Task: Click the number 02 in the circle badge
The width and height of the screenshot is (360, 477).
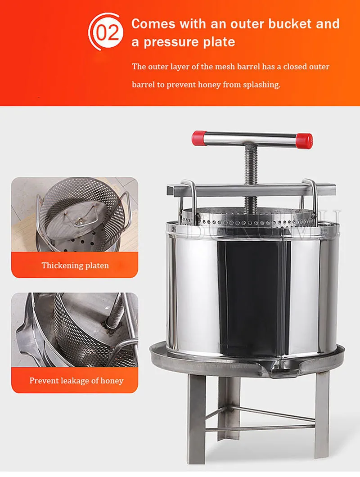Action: click(x=107, y=32)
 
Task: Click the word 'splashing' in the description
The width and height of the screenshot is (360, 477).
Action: click(x=261, y=85)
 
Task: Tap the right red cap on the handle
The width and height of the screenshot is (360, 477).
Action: click(x=304, y=141)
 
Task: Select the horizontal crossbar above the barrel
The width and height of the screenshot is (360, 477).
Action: click(x=252, y=189)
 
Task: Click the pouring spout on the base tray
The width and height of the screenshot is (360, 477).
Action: click(x=270, y=372)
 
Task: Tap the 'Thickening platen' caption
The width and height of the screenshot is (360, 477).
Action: click(x=75, y=265)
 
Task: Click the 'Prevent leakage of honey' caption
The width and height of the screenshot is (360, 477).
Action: click(x=76, y=381)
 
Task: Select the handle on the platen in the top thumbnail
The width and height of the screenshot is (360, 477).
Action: click(x=81, y=219)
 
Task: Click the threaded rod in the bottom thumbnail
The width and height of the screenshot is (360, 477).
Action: click(x=116, y=310)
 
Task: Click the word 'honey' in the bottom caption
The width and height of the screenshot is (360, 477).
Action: click(x=111, y=381)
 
